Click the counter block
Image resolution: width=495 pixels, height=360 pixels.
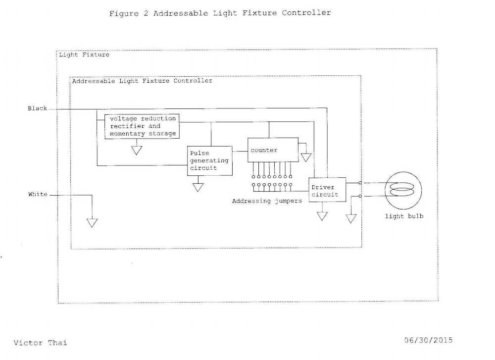click(273, 150)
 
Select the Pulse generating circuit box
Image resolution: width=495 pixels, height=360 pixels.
click(209, 160)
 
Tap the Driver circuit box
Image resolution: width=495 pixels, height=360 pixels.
click(327, 191)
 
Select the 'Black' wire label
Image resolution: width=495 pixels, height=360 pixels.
click(38, 108)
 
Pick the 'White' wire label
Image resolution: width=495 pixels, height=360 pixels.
click(38, 194)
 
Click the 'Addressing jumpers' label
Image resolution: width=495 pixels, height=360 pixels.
click(267, 201)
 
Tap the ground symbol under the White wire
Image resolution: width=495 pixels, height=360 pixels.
click(92, 222)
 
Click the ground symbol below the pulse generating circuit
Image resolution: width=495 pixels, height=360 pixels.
click(198, 187)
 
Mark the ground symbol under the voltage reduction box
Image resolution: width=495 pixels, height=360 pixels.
click(137, 150)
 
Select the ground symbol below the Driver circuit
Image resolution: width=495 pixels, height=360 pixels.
click(322, 216)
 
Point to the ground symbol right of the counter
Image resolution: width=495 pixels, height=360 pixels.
click(306, 157)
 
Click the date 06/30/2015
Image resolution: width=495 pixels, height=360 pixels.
click(428, 340)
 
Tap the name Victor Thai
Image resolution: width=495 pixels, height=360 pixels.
click(40, 342)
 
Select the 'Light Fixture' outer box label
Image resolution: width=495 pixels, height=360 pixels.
click(84, 54)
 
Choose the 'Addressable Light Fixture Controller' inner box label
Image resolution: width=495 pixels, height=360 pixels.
click(142, 80)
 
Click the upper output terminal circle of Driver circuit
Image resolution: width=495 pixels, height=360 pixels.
click(360, 183)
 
